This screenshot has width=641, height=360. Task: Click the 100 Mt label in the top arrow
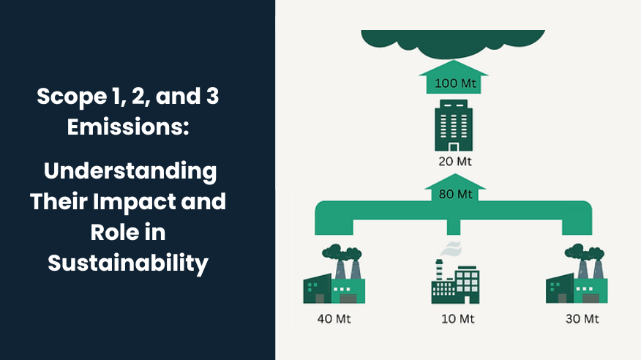point(455,83)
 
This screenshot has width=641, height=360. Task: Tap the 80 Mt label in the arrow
point(455,195)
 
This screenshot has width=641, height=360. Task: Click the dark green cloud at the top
point(454,42)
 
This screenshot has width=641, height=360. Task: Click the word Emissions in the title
point(128,126)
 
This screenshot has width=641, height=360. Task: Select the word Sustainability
point(129,261)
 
